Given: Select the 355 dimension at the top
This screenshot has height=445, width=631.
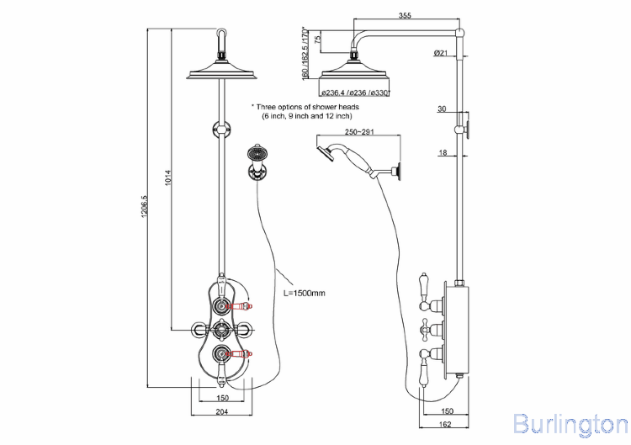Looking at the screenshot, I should pyautogui.click(x=406, y=15).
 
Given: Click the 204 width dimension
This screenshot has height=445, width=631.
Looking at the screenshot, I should pyautogui.click(x=223, y=411).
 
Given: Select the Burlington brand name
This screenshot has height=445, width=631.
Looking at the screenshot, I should pyautogui.click(x=570, y=423).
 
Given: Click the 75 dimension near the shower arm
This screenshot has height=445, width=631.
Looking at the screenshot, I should pyautogui.click(x=318, y=39).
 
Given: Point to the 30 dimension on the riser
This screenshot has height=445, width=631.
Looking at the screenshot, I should pyautogui.click(x=441, y=109).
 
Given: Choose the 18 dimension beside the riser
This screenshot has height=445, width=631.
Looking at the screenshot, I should pyautogui.click(x=441, y=152).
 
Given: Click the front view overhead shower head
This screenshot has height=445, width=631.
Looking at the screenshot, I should pyautogui.click(x=222, y=72).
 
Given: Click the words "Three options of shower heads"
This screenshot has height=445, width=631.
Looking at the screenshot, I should pyautogui.click(x=306, y=107).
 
